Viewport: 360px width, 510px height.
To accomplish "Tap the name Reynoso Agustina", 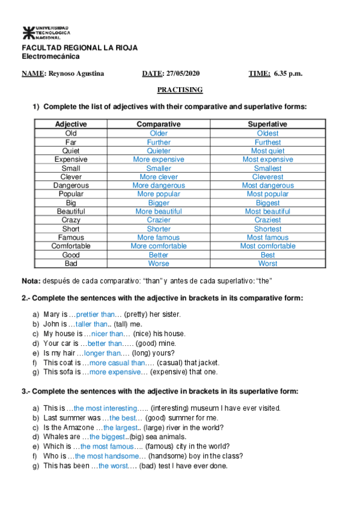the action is pos(76,74).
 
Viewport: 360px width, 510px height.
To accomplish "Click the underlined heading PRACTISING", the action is pos(180,90).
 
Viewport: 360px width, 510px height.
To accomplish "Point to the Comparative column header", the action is pos(159,124).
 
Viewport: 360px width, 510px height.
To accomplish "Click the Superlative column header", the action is pos(267,124).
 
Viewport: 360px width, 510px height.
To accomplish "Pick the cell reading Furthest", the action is pos(267,142).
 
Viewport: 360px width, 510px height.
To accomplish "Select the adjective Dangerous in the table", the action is pos(71,185).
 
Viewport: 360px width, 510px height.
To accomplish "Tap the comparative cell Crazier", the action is pos(159,220).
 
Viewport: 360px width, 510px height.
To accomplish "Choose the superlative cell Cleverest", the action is pos(267,177).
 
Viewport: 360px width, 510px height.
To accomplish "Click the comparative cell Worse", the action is pos(159,263).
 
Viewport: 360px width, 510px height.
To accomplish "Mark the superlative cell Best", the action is pos(267,255).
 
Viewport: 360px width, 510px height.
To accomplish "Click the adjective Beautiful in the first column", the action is pos(71,212).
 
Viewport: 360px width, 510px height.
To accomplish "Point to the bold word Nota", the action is pos(31,281).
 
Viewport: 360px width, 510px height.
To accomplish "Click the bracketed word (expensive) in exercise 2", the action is pos(169,372).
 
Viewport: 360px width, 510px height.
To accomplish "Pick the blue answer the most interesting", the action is pos(105,408).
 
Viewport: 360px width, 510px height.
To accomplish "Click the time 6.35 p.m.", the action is pos(288,74).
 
